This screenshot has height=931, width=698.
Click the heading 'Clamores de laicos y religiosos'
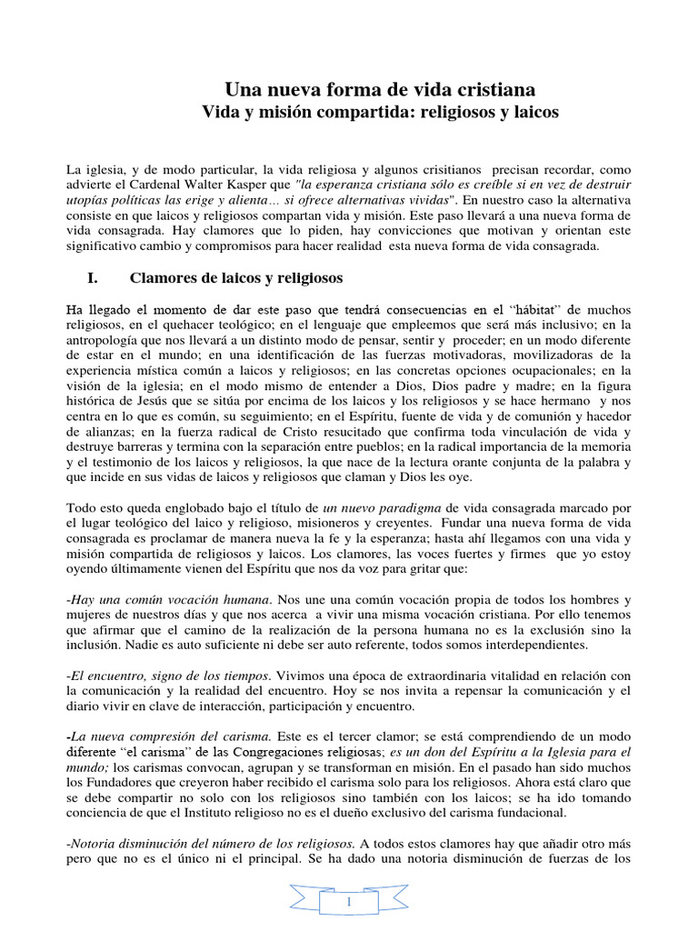[x=236, y=277]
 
